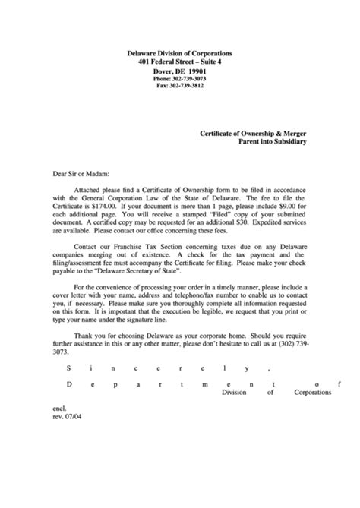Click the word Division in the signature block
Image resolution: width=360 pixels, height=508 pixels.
point(235,393)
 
